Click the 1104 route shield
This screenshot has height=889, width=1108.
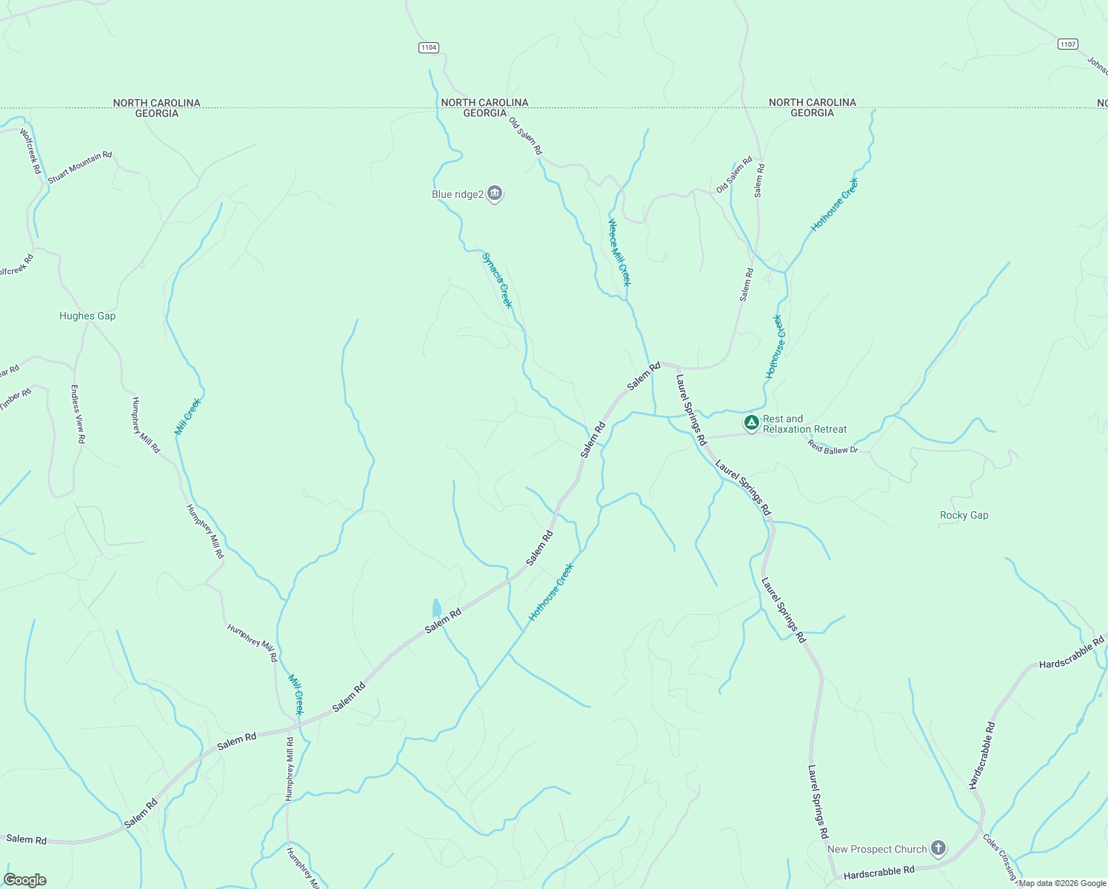pos(428,47)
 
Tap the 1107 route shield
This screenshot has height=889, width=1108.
pos(1067,44)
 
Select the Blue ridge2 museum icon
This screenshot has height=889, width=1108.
pos(495,194)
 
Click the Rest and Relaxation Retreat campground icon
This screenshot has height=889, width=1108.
pos(751,423)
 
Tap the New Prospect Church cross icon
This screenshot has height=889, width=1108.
pos(938,848)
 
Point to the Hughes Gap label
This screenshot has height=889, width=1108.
pos(87,316)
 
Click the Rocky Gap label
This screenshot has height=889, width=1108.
pos(964,515)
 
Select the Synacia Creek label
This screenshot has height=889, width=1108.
pos(497,280)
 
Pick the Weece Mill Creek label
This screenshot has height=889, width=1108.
pos(619,252)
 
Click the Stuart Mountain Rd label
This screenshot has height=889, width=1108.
pos(80,167)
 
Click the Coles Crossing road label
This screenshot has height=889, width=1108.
pos(1000,856)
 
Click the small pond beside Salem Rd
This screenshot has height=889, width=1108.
pos(436,608)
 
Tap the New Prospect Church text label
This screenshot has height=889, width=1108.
pos(877,849)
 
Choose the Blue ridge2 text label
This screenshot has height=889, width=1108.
pos(457,194)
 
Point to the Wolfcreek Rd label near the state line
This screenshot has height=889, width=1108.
pos(30,151)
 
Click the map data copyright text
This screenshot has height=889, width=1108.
pos(1062,883)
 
